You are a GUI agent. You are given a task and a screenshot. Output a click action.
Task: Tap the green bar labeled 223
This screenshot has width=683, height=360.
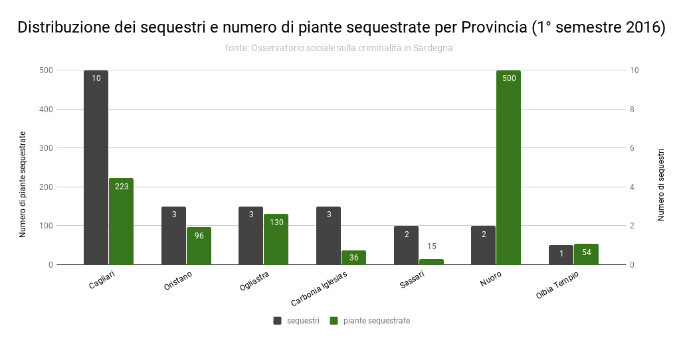tap(122, 221)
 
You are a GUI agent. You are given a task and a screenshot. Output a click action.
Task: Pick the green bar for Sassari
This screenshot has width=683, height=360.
tap(431, 262)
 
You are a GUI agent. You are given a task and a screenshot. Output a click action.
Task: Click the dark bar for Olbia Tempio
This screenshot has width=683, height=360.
tap(561, 255)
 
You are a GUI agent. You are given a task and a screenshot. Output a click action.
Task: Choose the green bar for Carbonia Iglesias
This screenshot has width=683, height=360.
tap(354, 258)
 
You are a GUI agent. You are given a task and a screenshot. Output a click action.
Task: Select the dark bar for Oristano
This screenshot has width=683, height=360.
tap(173, 236)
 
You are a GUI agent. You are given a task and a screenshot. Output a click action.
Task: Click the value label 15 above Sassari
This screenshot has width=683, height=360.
tap(432, 246)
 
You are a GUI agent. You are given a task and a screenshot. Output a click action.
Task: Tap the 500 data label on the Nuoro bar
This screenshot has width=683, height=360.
tap(509, 78)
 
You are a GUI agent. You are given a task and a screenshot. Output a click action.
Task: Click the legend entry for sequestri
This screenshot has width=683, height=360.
tap(297, 321)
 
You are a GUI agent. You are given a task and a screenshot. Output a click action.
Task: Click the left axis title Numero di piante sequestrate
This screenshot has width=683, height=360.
tap(23, 184)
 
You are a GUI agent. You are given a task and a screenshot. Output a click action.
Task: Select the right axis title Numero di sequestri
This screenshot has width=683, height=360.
tap(661, 185)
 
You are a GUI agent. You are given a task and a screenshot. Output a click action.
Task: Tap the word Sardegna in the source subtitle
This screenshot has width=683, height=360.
tap(434, 48)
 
